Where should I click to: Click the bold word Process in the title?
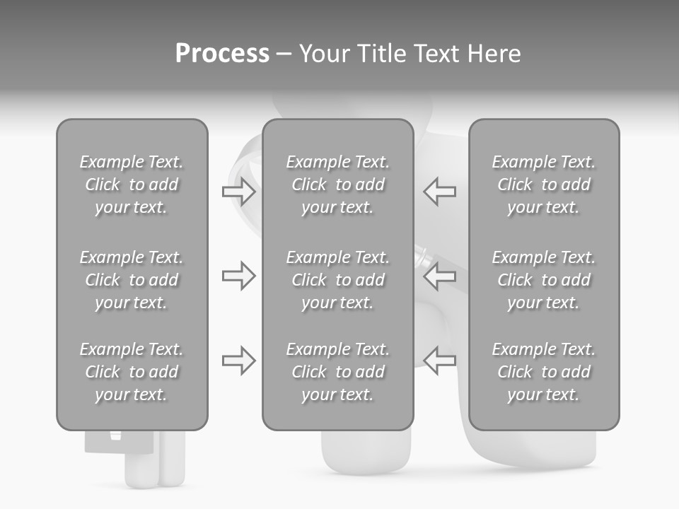(x=222, y=54)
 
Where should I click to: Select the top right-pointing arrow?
(x=238, y=191)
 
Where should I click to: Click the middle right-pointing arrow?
(x=238, y=276)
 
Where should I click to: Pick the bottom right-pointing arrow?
(x=238, y=361)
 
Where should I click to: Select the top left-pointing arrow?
(x=439, y=191)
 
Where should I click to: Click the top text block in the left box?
(x=132, y=185)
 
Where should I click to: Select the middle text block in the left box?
(x=132, y=280)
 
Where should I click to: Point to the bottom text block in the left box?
(x=132, y=372)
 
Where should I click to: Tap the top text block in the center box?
(x=337, y=185)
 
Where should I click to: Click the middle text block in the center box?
(x=337, y=280)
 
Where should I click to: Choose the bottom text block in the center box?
(x=337, y=372)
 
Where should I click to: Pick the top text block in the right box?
(x=543, y=185)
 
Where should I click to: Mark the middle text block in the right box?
(x=543, y=280)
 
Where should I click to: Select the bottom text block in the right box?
(x=543, y=372)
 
